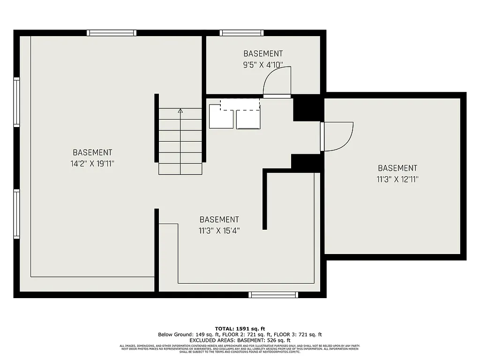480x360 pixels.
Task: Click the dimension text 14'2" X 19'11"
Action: coord(92,164)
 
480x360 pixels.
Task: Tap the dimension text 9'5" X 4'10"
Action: coord(263,65)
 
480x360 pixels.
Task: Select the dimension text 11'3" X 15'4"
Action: coord(219,231)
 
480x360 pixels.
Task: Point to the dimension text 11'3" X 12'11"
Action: coord(397,179)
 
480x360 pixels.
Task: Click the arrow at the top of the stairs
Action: coord(180,111)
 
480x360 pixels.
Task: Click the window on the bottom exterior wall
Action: coord(273,294)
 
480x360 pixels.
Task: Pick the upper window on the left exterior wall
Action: coord(17,102)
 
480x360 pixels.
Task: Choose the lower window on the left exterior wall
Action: coord(17,214)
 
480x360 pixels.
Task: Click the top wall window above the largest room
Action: coord(112,33)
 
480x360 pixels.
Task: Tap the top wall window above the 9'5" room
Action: coord(242,33)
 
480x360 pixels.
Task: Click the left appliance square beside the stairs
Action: coord(221,116)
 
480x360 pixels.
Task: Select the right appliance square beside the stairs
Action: coord(248,119)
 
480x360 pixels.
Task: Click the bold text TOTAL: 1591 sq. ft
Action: coord(240,328)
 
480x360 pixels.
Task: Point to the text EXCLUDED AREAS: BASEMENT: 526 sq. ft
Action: coord(240,340)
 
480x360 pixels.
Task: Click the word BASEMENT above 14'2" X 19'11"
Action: coord(92,152)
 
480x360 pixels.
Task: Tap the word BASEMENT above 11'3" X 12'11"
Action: coord(397,168)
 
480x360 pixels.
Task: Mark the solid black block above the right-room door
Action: coord(308,107)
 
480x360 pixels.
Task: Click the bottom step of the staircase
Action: coord(180,169)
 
